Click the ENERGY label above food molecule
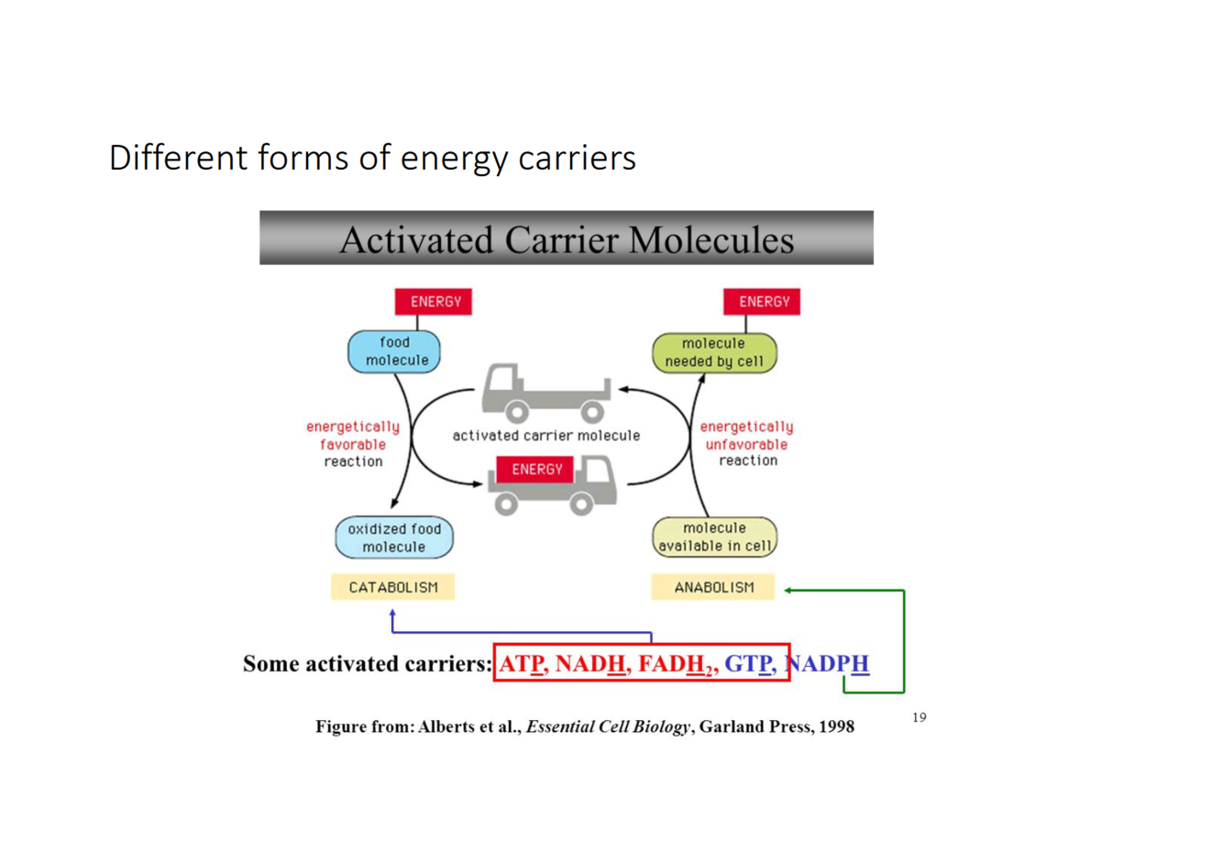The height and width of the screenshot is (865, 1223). [x=434, y=302]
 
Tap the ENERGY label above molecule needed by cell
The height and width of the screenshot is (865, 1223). [x=762, y=302]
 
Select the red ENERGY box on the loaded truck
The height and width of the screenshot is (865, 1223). [x=536, y=469]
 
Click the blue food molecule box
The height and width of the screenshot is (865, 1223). [x=394, y=352]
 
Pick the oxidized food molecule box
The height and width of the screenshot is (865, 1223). [x=394, y=538]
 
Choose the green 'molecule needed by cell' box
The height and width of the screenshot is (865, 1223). [x=714, y=353]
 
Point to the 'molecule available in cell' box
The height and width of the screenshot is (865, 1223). [x=714, y=538]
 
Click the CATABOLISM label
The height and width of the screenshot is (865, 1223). [x=393, y=587]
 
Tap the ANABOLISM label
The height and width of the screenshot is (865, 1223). [x=713, y=587]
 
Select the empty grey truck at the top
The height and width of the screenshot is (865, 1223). [x=546, y=393]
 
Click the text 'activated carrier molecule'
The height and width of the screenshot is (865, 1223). [x=546, y=436]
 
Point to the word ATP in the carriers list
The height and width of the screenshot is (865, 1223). [x=523, y=663]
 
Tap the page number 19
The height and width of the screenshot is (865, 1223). [x=919, y=717]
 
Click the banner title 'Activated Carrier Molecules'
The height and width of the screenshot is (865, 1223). [x=567, y=239]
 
